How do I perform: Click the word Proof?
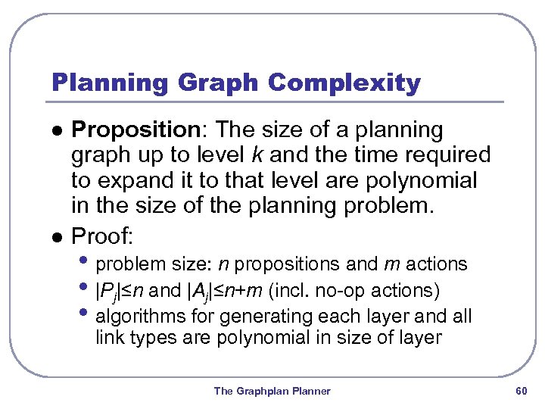[101, 236]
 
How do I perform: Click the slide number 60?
[520, 391]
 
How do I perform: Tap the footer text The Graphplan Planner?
[272, 391]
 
